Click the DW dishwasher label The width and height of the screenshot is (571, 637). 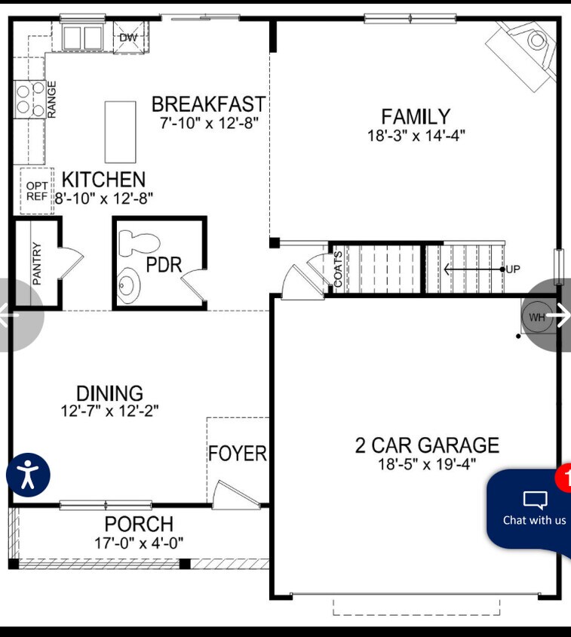(129, 38)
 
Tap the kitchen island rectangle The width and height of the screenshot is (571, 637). (120, 132)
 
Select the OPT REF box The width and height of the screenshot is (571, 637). (37, 191)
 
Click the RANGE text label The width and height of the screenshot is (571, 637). (51, 100)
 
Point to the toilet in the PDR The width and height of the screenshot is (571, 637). (139, 244)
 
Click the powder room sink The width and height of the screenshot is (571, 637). (128, 285)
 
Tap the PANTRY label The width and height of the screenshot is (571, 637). (36, 263)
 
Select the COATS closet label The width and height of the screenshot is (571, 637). (338, 269)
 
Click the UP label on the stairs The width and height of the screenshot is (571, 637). (513, 269)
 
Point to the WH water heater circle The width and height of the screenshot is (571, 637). (537, 317)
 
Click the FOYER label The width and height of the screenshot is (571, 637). (238, 454)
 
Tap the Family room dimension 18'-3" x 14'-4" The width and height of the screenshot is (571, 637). (416, 135)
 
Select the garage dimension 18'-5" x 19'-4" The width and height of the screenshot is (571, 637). (427, 463)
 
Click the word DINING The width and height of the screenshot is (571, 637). (109, 393)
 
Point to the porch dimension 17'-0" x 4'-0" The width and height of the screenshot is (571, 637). (139, 543)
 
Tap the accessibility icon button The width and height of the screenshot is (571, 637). (28, 475)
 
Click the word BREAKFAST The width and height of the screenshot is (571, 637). (209, 104)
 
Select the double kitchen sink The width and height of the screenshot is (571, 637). (82, 38)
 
